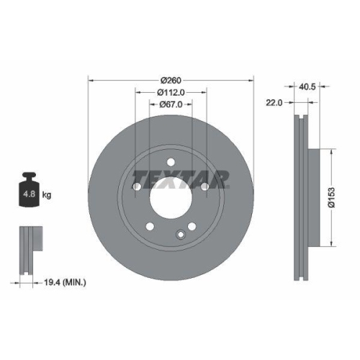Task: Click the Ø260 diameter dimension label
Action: click(170, 79)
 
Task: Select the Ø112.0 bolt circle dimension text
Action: click(171, 91)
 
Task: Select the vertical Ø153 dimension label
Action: click(332, 195)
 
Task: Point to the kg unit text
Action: click(46, 194)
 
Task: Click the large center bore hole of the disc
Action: click(170, 195)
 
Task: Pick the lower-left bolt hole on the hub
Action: click(149, 227)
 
